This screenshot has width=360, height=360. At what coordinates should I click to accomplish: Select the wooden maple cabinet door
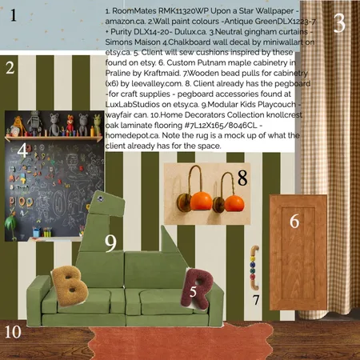tap(297, 231)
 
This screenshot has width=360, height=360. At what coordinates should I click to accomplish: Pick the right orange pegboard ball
tap(234, 203)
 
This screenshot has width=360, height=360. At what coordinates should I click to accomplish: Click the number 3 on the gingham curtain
tap(338, 24)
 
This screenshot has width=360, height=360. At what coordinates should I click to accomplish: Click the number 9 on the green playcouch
tap(110, 241)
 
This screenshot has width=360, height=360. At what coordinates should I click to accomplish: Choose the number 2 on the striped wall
tap(10, 68)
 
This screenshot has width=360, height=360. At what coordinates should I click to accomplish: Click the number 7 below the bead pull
tap(255, 301)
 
